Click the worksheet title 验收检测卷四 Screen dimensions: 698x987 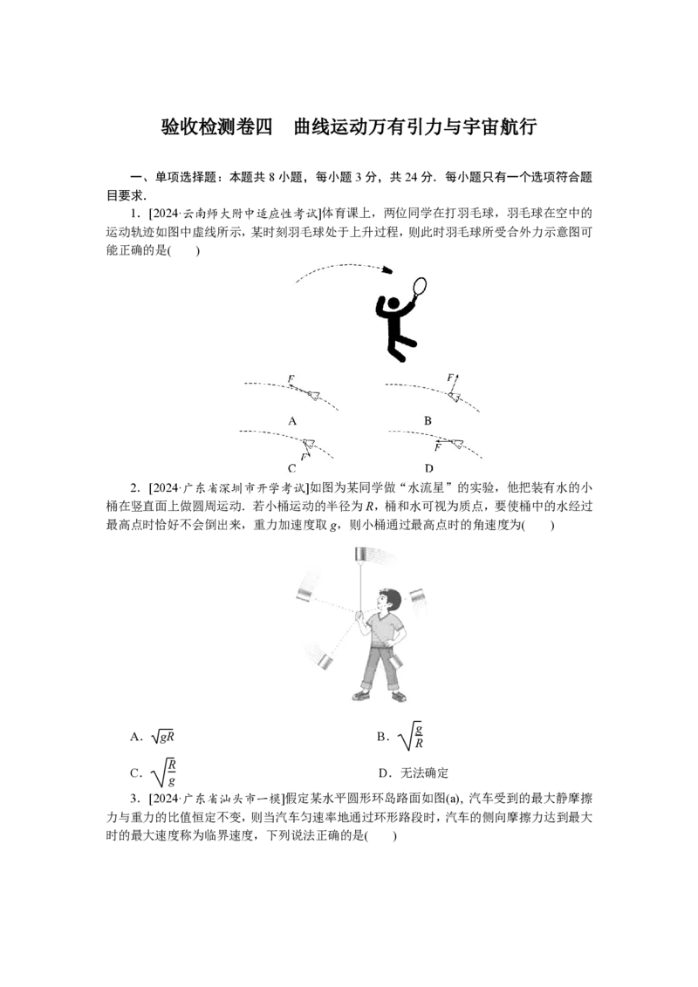pos(216,126)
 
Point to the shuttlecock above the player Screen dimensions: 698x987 pos(388,269)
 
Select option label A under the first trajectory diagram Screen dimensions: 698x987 pos(291,421)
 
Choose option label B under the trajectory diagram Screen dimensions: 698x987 pos(428,421)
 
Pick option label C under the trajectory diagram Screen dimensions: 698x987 pos(291,468)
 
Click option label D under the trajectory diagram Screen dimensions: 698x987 pos(428,468)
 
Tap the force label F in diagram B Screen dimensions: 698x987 pos(450,378)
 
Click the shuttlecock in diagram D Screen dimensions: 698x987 pos(457,444)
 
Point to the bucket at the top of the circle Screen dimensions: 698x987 pos(361,555)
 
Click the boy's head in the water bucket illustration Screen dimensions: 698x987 pos(387,600)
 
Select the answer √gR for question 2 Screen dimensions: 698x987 pos(162,737)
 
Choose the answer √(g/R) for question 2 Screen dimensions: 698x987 pos(411,737)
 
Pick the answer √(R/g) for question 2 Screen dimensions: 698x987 pos(163,773)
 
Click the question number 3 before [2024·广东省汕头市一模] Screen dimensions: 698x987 pos(134,800)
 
